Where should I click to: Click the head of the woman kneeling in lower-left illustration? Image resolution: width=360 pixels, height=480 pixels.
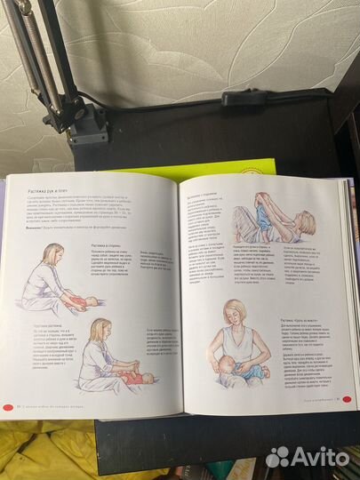pos(99,329)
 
